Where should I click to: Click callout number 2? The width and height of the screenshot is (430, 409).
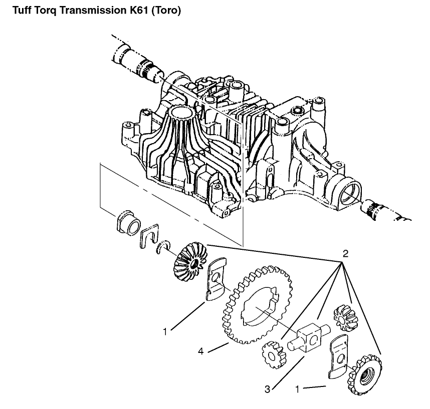345,253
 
